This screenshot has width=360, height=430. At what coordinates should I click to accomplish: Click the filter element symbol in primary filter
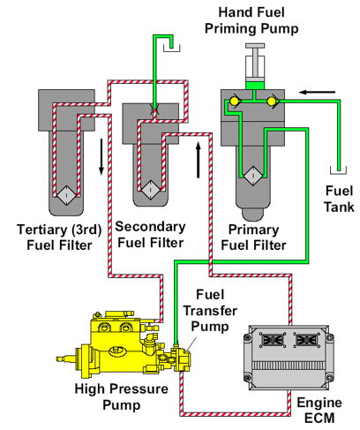click(253, 176)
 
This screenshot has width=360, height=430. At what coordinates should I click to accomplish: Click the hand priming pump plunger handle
click(254, 45)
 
